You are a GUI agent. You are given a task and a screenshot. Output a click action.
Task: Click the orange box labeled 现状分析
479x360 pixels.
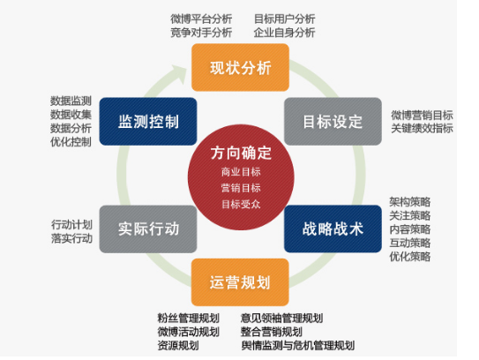240,67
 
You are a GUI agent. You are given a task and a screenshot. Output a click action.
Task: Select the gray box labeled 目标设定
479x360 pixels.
333,122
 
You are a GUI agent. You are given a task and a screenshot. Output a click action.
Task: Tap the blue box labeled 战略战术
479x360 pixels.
333,229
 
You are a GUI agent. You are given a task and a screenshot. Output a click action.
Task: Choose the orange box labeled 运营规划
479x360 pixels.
240,282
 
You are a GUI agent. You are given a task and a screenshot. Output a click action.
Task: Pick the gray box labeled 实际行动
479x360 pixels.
148,229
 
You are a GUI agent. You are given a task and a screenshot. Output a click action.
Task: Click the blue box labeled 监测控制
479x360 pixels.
148,122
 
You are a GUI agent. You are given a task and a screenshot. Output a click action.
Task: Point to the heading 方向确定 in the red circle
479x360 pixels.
241,153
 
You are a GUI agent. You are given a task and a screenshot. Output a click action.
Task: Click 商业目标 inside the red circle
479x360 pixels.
241,172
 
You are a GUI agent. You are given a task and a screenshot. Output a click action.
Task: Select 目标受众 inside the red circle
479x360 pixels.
241,204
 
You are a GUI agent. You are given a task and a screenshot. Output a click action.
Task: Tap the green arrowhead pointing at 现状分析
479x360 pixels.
180,73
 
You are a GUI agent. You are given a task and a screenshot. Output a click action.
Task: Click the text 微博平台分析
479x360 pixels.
201,19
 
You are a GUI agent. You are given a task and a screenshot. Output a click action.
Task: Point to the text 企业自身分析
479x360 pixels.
284,33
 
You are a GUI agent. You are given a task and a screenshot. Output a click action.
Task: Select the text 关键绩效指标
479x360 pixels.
422,128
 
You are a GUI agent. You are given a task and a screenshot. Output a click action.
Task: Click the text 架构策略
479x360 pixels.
409,202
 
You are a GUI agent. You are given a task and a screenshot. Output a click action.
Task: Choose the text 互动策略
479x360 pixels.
409,243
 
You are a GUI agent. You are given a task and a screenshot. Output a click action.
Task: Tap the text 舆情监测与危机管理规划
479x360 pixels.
298,345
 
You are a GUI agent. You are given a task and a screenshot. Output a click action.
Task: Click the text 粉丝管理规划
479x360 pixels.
189,319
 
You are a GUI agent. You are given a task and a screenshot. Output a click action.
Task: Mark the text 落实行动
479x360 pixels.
71,238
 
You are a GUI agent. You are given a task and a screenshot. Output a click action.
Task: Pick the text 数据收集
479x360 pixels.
71,115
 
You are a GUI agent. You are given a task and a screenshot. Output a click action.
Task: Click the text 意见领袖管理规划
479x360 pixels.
281,319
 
